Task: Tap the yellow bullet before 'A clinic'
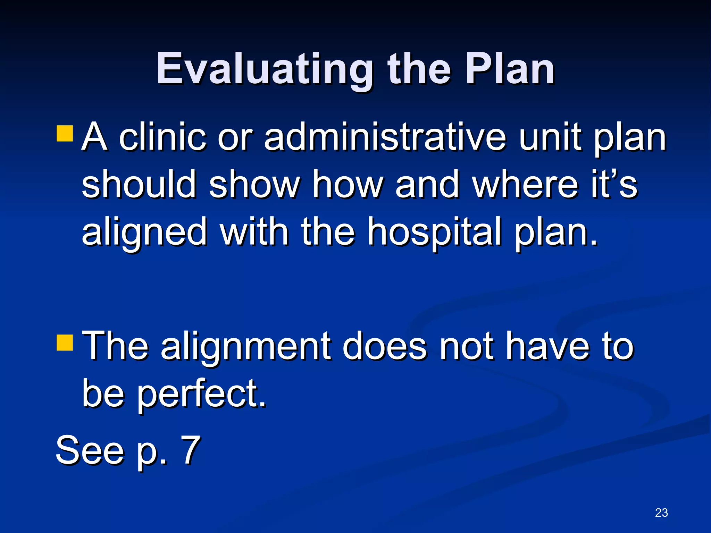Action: click(x=65, y=134)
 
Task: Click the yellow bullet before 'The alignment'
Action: click(x=65, y=342)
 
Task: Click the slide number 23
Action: click(x=661, y=513)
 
